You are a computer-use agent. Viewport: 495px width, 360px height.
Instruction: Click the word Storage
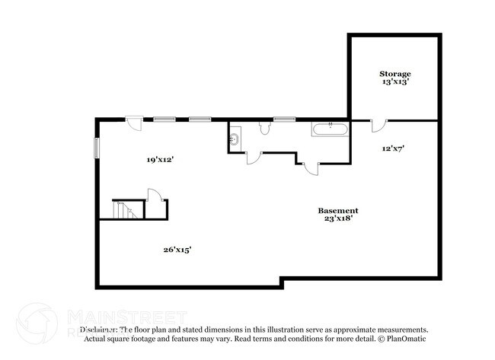click(395, 74)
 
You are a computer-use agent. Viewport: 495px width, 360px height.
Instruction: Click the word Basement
click(337, 210)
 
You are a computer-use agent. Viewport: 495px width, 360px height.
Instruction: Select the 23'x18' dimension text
click(337, 218)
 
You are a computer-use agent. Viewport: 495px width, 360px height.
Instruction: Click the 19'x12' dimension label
click(161, 160)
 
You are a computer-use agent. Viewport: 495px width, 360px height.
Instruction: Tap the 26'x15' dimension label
click(177, 249)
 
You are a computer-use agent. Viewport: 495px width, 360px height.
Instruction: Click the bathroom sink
click(235, 139)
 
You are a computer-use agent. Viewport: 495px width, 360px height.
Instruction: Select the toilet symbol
click(264, 129)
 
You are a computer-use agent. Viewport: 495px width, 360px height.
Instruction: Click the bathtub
click(330, 129)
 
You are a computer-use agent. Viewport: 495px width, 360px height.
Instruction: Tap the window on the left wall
click(96, 147)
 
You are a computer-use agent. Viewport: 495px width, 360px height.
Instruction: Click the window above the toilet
click(284, 119)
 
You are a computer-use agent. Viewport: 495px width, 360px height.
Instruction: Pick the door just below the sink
click(254, 158)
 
